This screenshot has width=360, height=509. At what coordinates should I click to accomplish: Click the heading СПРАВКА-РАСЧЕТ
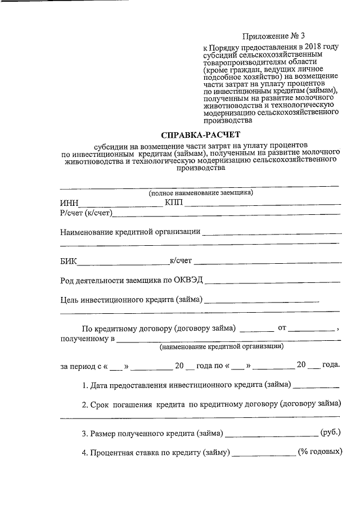pos(200,135)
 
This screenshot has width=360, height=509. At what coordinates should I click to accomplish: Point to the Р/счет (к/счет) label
pos(87,212)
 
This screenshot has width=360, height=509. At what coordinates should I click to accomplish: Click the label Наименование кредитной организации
pos(130,232)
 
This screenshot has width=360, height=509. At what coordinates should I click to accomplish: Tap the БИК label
pos(69,261)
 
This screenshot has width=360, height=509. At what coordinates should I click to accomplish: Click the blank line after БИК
pos(124,262)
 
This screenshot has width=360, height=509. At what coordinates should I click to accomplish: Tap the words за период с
pos(80,366)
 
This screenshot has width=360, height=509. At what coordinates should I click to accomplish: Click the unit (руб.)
pos(330,433)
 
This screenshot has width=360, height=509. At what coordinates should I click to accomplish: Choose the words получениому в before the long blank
pos(87,339)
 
